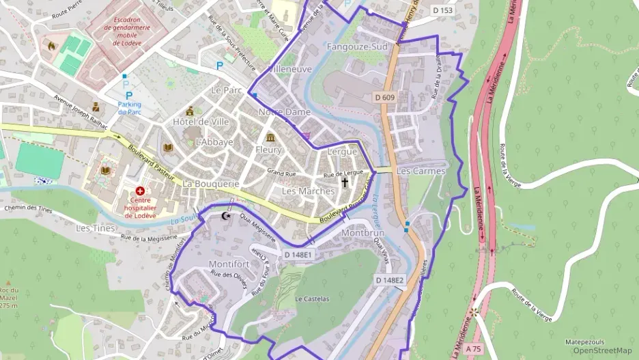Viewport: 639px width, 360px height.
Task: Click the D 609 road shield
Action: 385,98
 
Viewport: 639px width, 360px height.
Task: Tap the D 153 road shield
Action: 443,10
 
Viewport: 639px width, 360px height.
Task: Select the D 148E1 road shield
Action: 298,255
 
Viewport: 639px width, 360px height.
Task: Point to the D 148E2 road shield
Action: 390,280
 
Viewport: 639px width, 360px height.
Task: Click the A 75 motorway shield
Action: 473,348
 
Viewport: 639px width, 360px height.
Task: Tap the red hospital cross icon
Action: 140,191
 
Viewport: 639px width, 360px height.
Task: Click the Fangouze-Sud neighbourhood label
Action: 357,47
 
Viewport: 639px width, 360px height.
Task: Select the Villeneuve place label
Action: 289,69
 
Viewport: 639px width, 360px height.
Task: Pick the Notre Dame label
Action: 284,112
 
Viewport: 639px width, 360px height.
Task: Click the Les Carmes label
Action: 421,171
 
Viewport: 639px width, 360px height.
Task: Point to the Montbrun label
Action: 363,233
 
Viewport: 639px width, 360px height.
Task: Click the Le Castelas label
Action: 312,299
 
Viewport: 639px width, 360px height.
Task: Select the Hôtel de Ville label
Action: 201,122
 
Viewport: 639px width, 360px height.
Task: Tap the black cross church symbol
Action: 345,182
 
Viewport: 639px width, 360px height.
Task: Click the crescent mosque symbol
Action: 227,216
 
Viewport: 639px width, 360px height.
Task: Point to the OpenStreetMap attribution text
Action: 602,351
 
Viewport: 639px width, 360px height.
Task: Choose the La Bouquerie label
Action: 210,184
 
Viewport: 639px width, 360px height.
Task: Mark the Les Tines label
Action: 96,227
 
